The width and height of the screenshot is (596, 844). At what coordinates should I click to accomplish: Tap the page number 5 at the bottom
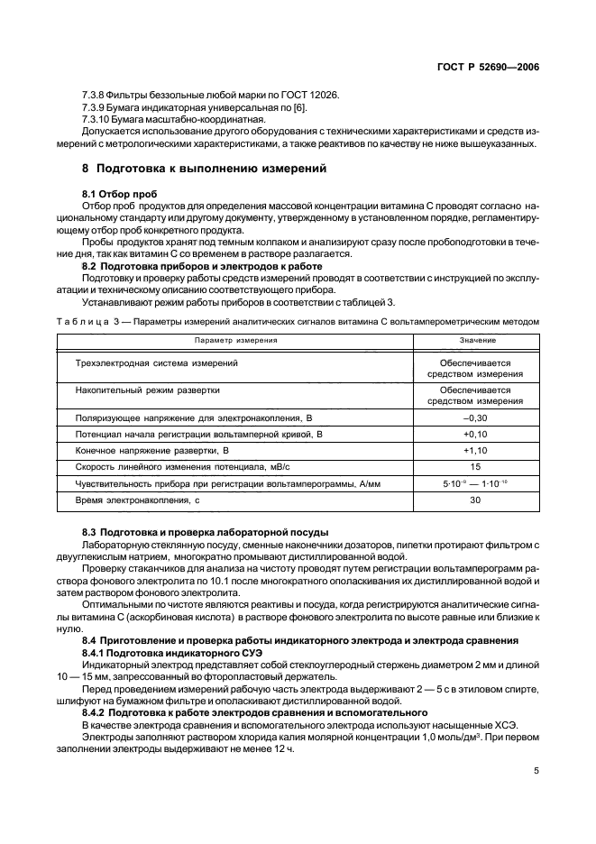(537, 770)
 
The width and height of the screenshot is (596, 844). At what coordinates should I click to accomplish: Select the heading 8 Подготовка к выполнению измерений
(199, 169)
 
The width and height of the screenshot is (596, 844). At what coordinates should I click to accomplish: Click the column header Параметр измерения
(235, 341)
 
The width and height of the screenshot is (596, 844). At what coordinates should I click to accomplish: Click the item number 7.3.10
(97, 118)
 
